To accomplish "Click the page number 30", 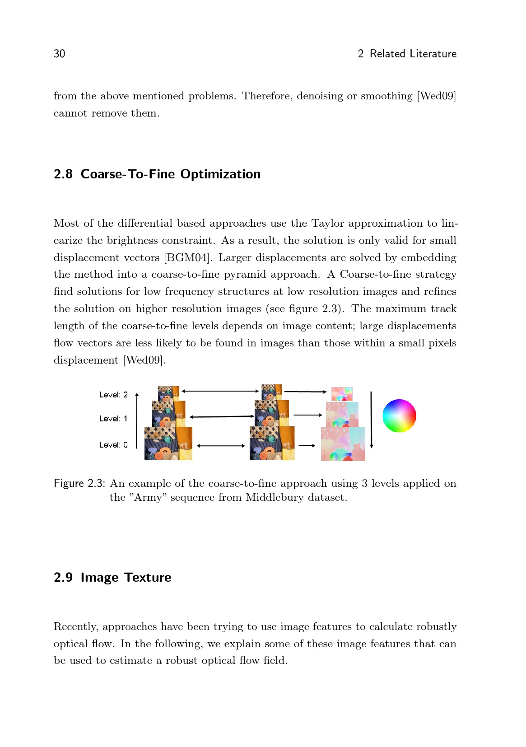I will coord(59,54).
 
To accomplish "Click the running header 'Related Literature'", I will coord(413,54).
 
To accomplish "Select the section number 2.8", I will coord(63,174).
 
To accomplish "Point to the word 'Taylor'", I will coord(327,224).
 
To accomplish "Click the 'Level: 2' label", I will coord(113,395).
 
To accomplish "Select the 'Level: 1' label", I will coord(113,419).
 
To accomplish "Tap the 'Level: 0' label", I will coord(113,445).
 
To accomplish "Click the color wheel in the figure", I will coord(399,416).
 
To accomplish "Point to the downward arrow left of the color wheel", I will coord(371,420).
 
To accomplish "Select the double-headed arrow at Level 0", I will coord(221,446).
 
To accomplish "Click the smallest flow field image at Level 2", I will coord(342,394).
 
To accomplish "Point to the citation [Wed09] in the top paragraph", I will coord(436,96).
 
